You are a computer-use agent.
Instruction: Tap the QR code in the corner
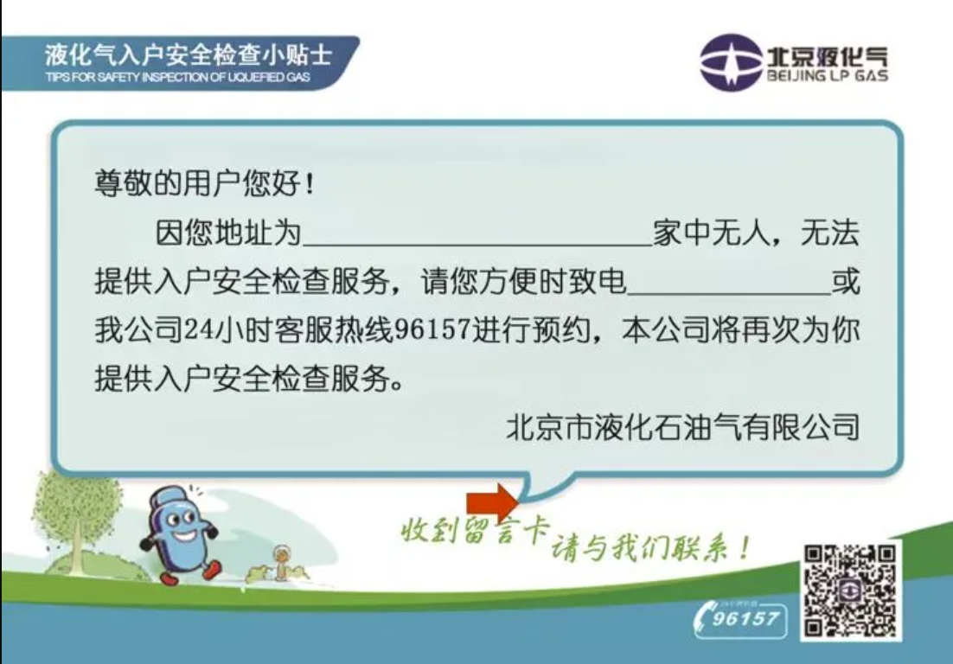point(851,591)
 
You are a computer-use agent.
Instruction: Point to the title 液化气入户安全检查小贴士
point(188,55)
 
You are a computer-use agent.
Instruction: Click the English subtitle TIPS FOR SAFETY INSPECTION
point(176,77)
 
